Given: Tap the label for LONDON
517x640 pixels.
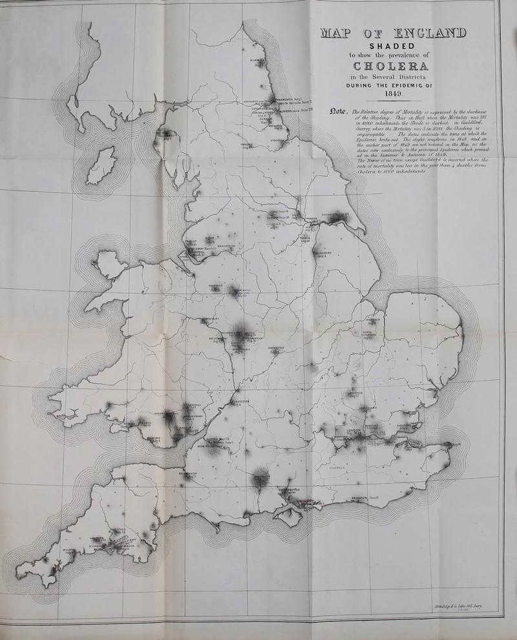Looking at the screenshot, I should tap(357, 431).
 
